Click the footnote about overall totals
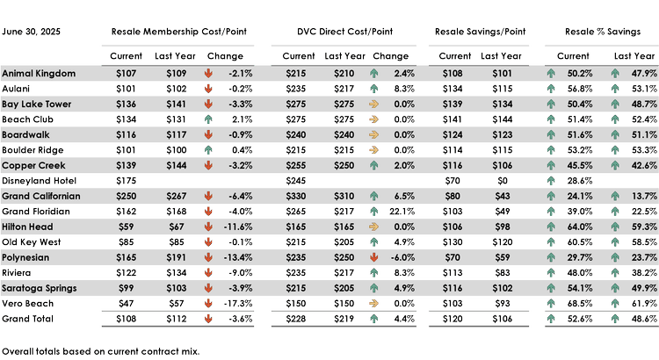click(x=101, y=350)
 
